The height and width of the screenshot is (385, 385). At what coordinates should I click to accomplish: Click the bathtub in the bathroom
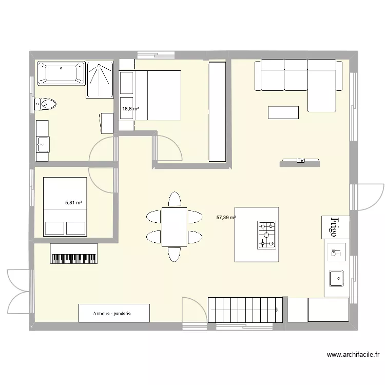pos(61,73)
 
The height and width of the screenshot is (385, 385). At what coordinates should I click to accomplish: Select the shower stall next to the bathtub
pos(100,79)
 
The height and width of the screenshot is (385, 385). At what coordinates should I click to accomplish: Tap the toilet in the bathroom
pos(45,105)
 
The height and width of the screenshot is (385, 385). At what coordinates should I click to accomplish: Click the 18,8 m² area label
pos(130,108)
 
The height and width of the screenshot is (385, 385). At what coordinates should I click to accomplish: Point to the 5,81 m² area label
pos(73,203)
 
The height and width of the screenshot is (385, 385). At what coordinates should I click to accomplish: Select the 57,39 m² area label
pos(226,218)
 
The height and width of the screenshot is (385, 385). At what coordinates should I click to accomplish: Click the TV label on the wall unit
pos(300,161)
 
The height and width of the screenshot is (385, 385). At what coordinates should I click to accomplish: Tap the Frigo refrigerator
pos(335,227)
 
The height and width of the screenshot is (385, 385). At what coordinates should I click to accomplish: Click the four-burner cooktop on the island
pos(266,234)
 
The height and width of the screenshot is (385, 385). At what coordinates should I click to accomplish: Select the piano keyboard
pos(74,254)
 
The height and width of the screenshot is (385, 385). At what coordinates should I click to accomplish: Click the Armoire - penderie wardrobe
pos(114,313)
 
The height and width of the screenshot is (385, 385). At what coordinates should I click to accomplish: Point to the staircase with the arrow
pos(245,310)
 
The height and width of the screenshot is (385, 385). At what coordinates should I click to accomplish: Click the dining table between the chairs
pos(175,226)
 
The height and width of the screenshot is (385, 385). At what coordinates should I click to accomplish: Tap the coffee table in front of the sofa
pos(283,112)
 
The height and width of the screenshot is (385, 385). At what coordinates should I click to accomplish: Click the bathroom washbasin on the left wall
pos(42,144)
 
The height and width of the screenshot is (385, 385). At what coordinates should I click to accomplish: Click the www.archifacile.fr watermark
pos(355,355)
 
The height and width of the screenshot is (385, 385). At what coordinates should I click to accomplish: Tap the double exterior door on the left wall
pos(20,291)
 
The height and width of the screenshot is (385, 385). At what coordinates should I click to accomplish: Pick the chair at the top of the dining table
pos(175,199)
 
